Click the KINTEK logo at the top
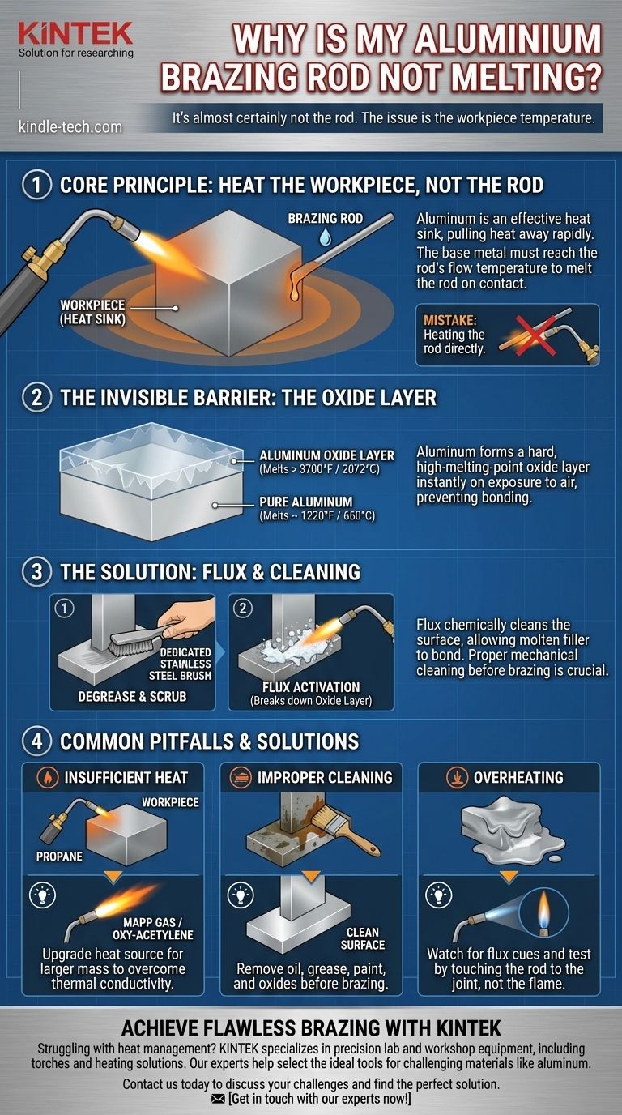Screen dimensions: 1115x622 tap(75, 33)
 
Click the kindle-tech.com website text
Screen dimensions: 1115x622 tap(70, 126)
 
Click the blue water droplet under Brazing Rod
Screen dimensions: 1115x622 tap(326, 237)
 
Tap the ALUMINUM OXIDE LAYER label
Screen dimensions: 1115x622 tap(326, 455)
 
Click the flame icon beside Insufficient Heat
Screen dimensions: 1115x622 tap(48, 778)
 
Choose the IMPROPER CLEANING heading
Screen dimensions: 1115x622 tap(324, 778)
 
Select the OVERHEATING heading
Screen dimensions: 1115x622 tap(518, 778)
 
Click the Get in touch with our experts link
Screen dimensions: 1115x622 tap(310, 1099)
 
